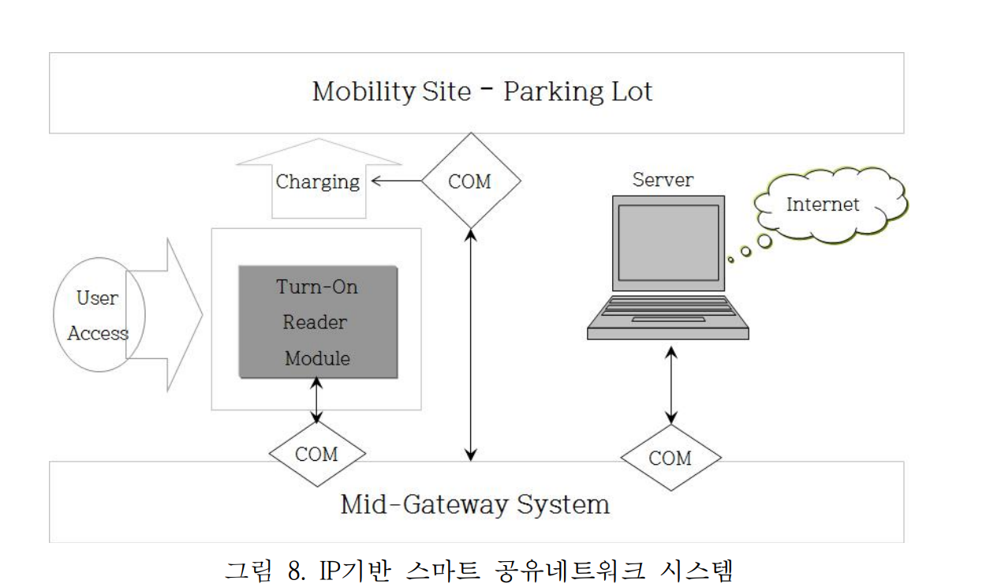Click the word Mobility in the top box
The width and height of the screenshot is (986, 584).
tap(352, 92)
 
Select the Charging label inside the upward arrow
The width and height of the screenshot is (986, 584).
tap(318, 182)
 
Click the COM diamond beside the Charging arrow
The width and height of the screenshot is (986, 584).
tap(470, 182)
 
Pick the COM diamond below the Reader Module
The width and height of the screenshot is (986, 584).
tap(316, 454)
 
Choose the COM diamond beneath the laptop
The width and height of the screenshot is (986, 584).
tap(670, 458)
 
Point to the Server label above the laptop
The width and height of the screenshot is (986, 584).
tap(663, 179)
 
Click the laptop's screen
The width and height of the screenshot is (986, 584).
tap(668, 242)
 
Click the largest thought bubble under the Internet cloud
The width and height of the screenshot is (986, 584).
tap(764, 241)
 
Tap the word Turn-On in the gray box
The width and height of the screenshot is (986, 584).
tap(317, 286)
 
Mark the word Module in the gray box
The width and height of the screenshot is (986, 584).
tap(317, 358)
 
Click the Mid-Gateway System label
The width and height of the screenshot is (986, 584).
tap(475, 504)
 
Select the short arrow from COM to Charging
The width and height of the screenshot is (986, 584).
tap(396, 181)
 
